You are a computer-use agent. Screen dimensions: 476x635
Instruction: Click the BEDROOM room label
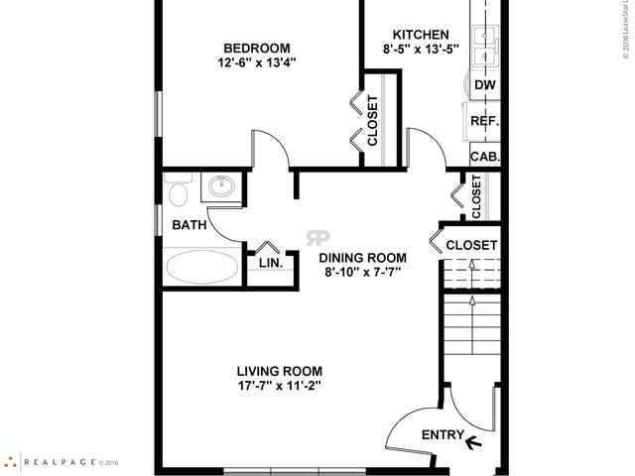pyautogui.click(x=256, y=49)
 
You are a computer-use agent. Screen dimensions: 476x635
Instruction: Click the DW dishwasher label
pyautogui.click(x=484, y=85)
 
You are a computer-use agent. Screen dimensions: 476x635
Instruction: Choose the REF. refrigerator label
pyautogui.click(x=484, y=121)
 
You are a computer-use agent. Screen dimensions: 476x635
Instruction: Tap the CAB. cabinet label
pyautogui.click(x=484, y=157)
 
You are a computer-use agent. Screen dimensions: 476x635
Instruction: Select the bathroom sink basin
pyautogui.click(x=219, y=187)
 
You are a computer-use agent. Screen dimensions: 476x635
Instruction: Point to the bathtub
pyautogui.click(x=201, y=267)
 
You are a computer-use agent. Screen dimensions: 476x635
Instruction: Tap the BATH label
pyautogui.click(x=189, y=225)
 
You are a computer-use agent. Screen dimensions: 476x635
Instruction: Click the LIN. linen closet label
pyautogui.click(x=271, y=264)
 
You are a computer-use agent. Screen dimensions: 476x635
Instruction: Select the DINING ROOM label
pyautogui.click(x=363, y=257)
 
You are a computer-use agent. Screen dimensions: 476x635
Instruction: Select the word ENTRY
pyautogui.click(x=442, y=435)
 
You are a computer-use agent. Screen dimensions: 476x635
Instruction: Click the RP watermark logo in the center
pyautogui.click(x=318, y=237)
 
